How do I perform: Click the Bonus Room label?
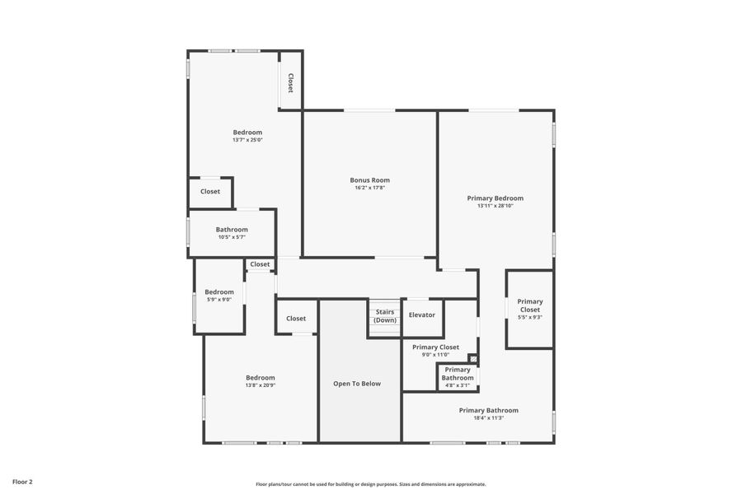369,180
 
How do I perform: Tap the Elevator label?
422,315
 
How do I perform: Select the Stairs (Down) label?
385,316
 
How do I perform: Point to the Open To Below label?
357,384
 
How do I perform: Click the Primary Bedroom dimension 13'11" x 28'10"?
495,206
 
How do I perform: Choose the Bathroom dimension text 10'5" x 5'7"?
232,237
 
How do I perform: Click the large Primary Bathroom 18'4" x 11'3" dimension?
489,418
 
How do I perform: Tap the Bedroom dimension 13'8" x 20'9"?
260,385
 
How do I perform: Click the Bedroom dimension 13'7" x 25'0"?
247,140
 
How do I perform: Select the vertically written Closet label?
290,83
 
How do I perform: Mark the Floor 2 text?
22,482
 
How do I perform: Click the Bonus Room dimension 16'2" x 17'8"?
369,188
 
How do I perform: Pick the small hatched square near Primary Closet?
472,358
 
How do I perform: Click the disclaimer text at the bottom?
370,484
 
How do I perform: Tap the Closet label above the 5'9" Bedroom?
260,264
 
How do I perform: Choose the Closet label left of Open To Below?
296,319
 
